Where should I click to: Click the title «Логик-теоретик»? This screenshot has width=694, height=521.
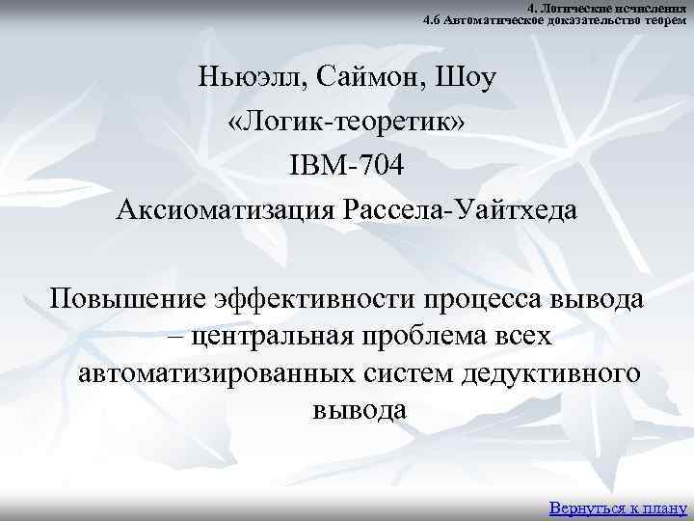coord(347,121)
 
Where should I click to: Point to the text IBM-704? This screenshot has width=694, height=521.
coord(347,165)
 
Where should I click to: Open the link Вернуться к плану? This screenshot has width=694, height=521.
coord(617,507)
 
